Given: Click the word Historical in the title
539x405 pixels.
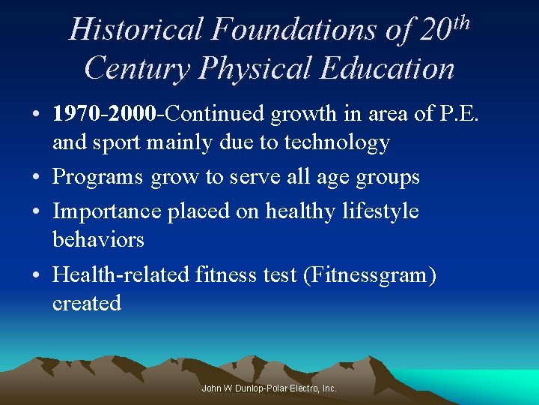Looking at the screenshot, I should pos(135,30).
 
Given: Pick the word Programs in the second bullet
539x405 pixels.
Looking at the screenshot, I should pos(98,177).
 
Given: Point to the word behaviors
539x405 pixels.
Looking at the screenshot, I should pos(98,239).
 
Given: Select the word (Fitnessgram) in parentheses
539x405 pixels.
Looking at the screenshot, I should pos(370,274).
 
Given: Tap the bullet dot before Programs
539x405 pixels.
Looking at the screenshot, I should pos(36,178).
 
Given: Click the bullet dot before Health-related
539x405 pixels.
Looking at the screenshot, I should pos(36,275).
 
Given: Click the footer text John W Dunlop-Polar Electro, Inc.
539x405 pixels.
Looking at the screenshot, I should pos(269,388).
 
